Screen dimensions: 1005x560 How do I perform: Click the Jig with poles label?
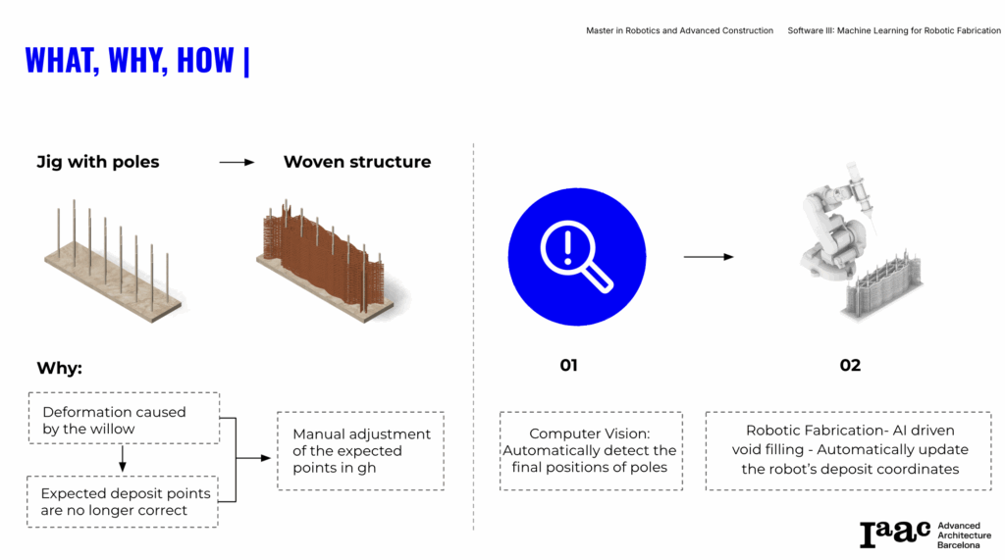coord(98,162)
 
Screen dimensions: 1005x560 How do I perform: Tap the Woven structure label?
coord(357,162)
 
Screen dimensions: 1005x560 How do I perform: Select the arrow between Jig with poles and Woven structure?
coord(237,163)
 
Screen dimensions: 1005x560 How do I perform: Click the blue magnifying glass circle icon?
coord(577,257)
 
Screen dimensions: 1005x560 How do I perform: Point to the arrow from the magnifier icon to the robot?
coord(709,257)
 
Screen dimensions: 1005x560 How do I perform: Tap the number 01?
coord(568,365)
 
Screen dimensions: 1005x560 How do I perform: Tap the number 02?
coord(850,365)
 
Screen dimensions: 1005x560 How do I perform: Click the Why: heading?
coord(60,369)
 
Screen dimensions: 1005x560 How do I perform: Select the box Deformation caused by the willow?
coord(124,419)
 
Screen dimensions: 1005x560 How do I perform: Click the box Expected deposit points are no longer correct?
coord(123,502)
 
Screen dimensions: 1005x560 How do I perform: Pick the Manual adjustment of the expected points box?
coord(361,451)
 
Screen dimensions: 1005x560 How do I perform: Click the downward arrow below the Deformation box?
coord(123,458)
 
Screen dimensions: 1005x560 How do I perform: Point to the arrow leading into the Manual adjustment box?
coord(253,458)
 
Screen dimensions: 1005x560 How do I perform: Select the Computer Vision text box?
coord(591,451)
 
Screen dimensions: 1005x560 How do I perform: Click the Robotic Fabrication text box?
coord(849,451)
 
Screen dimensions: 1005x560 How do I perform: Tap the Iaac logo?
coord(926,535)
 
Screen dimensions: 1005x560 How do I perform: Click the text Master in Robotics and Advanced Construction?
coord(679,30)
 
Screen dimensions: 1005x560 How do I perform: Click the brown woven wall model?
coord(327,260)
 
